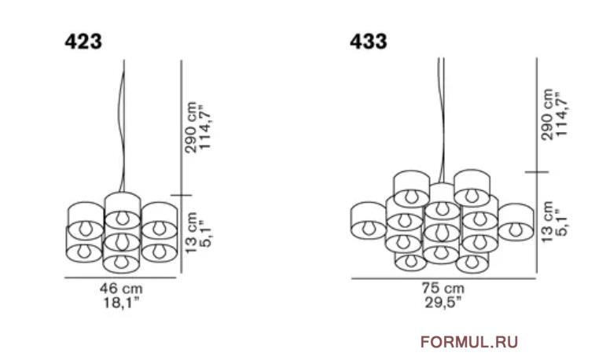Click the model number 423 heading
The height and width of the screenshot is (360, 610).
[83, 41]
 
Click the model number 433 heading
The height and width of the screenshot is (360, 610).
[369, 41]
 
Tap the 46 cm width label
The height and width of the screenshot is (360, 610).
[121, 288]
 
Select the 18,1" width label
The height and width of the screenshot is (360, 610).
[121, 303]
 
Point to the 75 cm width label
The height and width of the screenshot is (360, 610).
[443, 288]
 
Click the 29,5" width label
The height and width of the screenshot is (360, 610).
[443, 303]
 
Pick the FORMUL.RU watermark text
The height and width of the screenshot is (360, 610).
[469, 342]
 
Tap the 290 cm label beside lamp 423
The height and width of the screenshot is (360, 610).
[190, 127]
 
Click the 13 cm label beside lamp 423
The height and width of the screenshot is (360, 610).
[190, 233]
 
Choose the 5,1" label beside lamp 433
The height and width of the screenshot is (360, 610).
[562, 222]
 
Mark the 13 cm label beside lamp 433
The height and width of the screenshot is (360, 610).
[547, 222]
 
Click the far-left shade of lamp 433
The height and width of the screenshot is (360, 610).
[369, 220]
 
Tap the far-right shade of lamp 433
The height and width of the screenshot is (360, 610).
[516, 222]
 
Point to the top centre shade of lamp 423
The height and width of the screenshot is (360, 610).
[123, 210]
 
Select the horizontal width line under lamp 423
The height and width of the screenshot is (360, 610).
[120, 278]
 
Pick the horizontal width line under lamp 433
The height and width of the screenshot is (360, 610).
[443, 278]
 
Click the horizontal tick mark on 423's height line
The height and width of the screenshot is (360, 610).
[182, 196]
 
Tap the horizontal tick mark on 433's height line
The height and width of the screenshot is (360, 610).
[537, 171]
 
